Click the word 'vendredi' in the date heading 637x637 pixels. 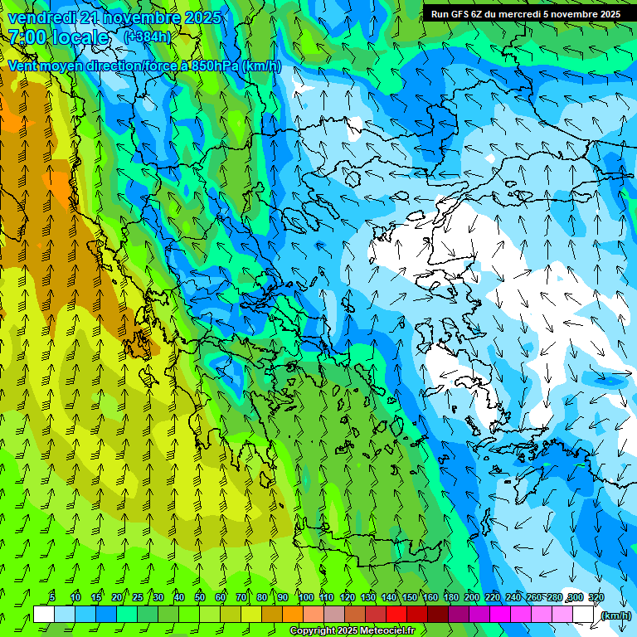(x=41, y=17)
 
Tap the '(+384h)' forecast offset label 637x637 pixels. (x=148, y=36)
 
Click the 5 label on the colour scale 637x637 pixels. (x=52, y=597)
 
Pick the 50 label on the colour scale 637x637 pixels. (x=199, y=597)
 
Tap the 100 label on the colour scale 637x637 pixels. (x=305, y=597)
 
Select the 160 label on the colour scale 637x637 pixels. (x=430, y=597)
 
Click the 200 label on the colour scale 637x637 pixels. (x=471, y=597)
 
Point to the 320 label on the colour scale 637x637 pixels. (x=596, y=597)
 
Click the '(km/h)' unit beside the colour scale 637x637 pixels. (x=615, y=615)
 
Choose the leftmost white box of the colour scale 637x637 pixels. (x=44, y=615)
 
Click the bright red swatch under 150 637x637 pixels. (x=396, y=615)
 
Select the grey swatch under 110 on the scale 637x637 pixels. (x=334, y=615)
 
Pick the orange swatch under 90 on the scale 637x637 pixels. (x=293, y=615)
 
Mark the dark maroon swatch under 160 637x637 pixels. (x=438, y=615)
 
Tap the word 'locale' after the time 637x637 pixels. (x=80, y=37)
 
